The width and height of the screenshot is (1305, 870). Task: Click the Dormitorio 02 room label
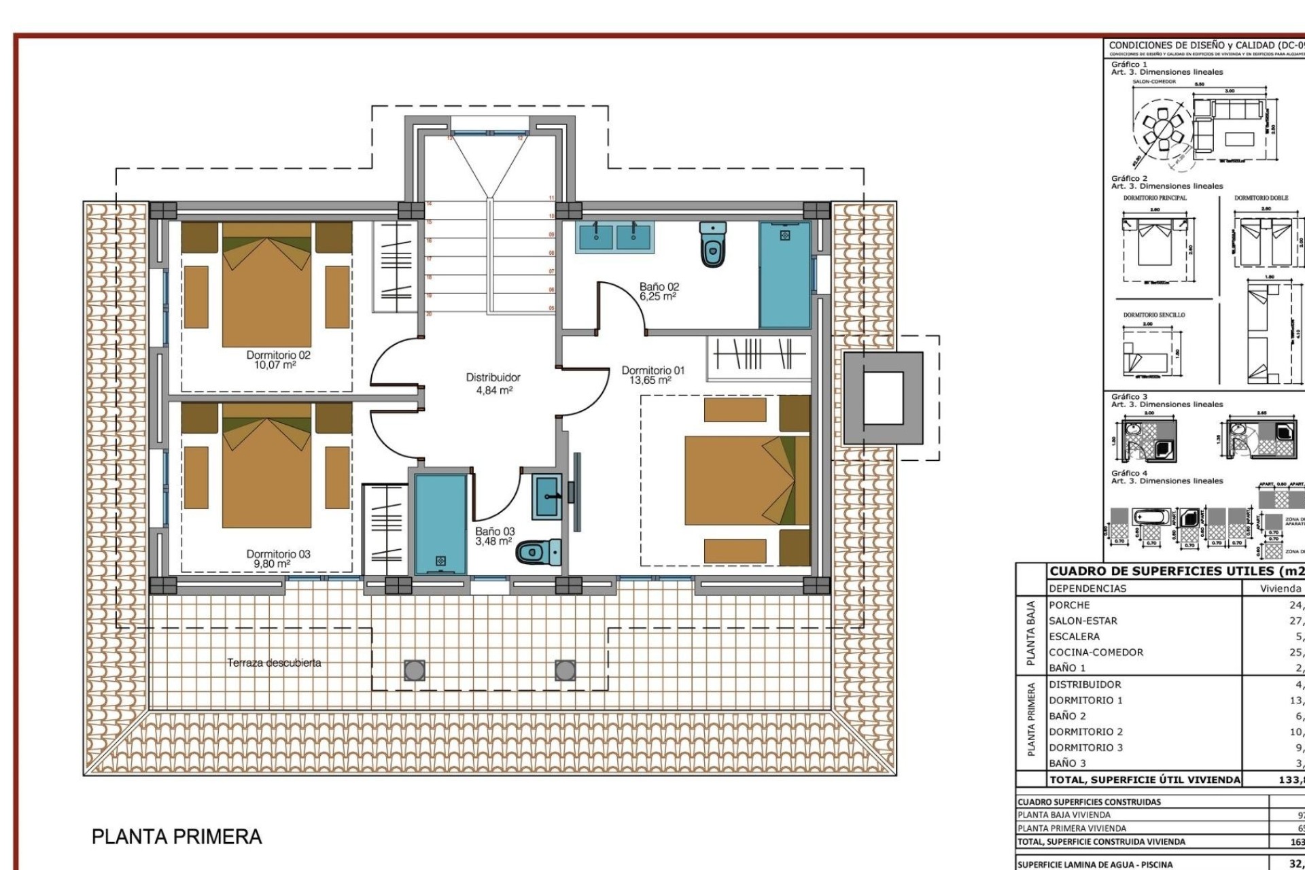pyautogui.click(x=278, y=355)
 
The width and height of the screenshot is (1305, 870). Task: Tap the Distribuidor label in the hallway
pyautogui.click(x=493, y=377)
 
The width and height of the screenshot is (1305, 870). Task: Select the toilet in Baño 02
pyautogui.click(x=712, y=245)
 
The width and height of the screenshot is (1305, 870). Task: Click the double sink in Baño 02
pyautogui.click(x=614, y=237)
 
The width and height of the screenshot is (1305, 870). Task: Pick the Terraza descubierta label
pyautogui.click(x=274, y=663)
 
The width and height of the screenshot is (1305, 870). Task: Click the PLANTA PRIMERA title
pyautogui.click(x=177, y=837)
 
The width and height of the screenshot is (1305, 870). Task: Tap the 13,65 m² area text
pyautogui.click(x=650, y=381)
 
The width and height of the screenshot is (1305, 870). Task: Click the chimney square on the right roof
pyautogui.click(x=883, y=398)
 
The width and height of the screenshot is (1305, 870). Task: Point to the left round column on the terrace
pyautogui.click(x=415, y=671)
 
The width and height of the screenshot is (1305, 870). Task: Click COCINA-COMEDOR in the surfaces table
pyautogui.click(x=1096, y=652)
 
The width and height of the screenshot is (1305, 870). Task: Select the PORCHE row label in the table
pyautogui.click(x=1069, y=605)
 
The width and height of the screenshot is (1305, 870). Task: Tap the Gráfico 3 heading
pyautogui.click(x=1129, y=396)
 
